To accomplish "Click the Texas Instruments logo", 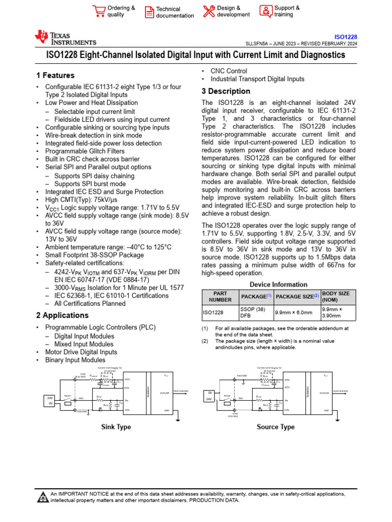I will [65, 38].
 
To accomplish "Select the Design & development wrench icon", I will [209, 11].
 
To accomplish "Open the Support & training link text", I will [287, 11].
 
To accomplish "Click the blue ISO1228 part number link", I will [346, 37].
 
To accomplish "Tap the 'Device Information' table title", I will [278, 284].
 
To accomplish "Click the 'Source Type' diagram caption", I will [276, 427].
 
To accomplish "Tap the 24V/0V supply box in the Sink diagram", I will [50, 400].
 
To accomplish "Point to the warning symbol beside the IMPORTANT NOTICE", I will [43, 497].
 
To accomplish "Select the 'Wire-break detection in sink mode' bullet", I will [94, 136].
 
